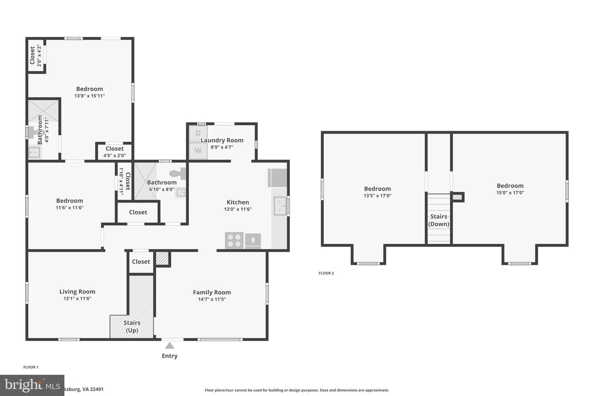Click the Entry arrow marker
click(x=170, y=346)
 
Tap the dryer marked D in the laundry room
click(x=198, y=133)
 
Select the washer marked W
click(x=198, y=151)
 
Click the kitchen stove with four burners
click(x=234, y=240)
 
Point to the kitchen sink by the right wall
click(x=280, y=206)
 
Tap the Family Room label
click(x=212, y=292)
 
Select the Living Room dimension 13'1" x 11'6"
click(x=77, y=299)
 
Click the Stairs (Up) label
click(x=132, y=326)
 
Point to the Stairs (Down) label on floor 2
click(x=438, y=220)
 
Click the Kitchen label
click(x=238, y=202)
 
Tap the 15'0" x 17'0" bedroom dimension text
click(x=510, y=193)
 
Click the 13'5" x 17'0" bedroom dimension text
click(x=377, y=196)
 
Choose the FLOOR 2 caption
click(x=326, y=273)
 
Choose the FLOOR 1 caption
click(x=31, y=367)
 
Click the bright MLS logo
click(x=32, y=385)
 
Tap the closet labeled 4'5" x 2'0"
click(x=114, y=152)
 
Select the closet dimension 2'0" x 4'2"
click(x=40, y=55)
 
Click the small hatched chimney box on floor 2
click(x=457, y=197)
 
